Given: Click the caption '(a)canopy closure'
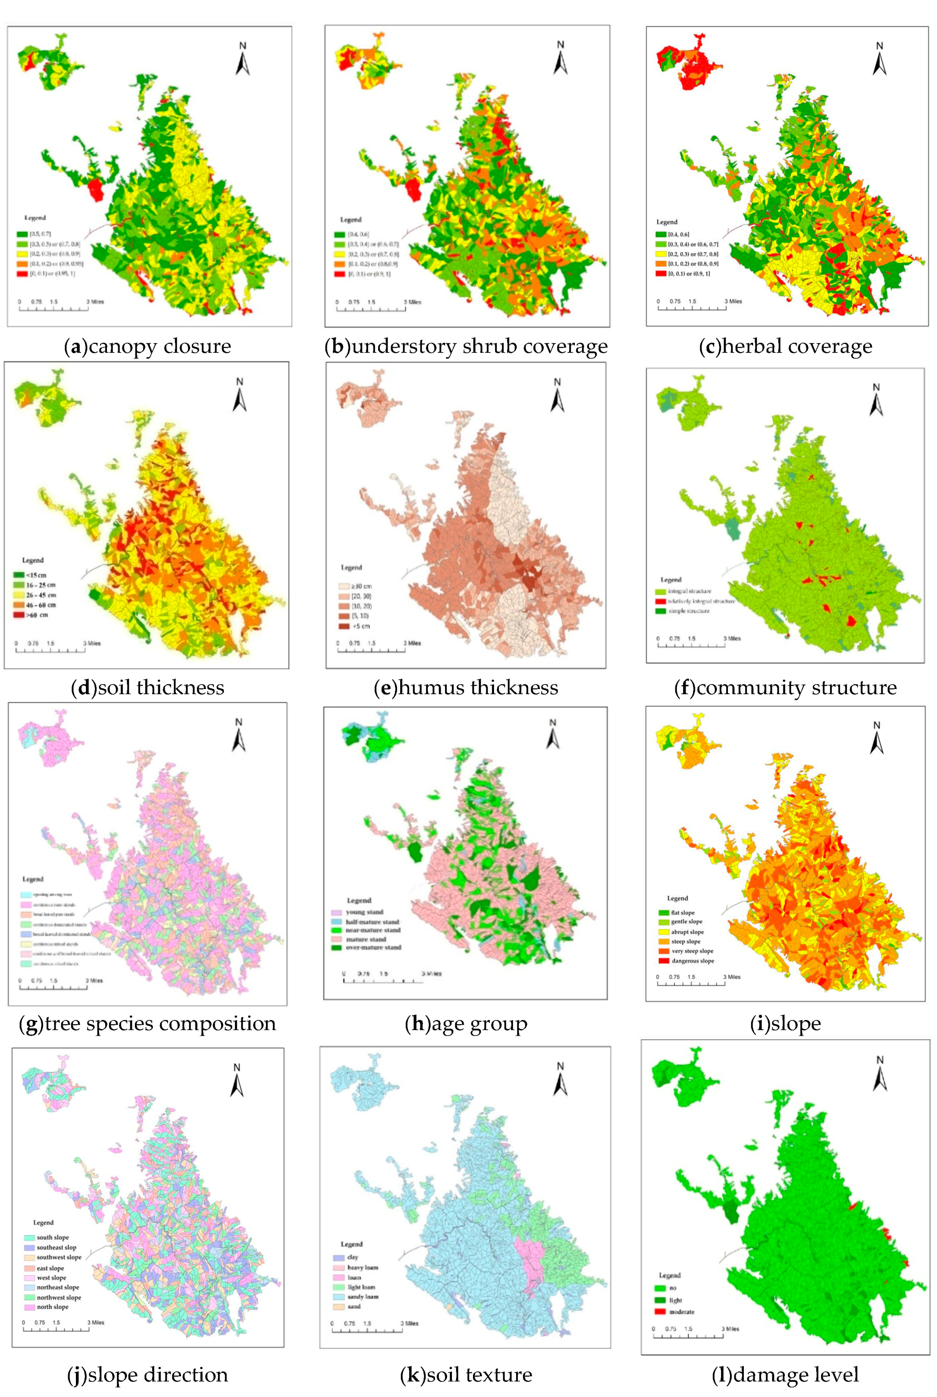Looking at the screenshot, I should click(x=147, y=346).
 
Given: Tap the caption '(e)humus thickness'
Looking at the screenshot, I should click(x=466, y=687).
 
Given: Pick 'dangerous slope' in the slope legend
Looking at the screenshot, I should click(x=692, y=961).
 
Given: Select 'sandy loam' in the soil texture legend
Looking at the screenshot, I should click(x=362, y=1296).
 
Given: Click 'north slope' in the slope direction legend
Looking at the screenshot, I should click(x=52, y=1307).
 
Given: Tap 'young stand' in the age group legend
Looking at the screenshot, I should click(x=364, y=912).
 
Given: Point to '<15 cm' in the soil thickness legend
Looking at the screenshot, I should click(x=36, y=575).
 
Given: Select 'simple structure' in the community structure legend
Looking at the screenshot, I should click(x=688, y=611).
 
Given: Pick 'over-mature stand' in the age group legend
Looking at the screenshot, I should click(x=373, y=947).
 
